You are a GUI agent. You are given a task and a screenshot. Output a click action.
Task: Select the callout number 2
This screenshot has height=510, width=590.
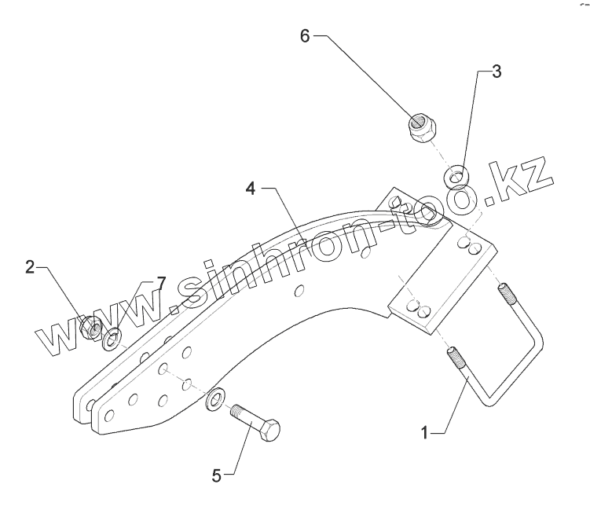coord(30,267)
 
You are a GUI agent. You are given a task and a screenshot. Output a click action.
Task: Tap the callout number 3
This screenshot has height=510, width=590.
coord(496,72)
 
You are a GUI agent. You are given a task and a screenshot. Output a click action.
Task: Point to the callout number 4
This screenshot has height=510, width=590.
coord(249,189)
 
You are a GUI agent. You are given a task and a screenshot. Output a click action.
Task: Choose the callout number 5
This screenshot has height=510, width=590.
coord(218,474)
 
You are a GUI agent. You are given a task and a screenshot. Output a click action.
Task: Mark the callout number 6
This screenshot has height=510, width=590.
coord(306,35)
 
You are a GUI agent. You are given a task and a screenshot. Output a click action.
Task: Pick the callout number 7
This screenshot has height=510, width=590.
coord(161,282)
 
